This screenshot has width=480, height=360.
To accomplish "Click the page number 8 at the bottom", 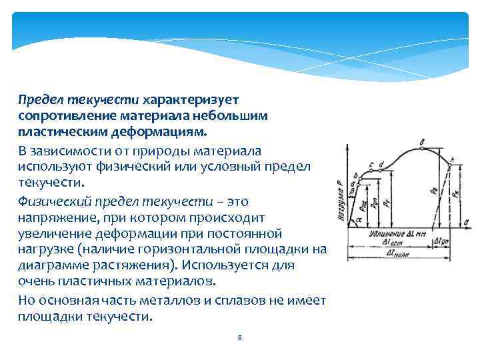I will point(239,337).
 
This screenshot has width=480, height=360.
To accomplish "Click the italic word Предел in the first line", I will point(38,100).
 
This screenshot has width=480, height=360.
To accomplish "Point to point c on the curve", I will point(371,164).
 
